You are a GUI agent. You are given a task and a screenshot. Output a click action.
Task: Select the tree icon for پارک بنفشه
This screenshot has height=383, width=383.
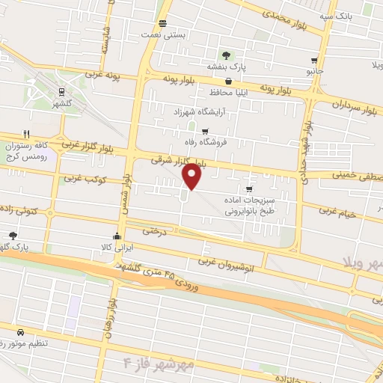(224, 55)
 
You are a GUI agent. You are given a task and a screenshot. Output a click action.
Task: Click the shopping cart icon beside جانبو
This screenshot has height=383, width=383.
(313, 61)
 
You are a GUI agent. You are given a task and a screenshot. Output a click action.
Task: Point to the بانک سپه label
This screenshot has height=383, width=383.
(335, 15)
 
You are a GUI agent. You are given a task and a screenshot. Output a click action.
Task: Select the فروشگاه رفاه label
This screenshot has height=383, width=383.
(229, 141)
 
